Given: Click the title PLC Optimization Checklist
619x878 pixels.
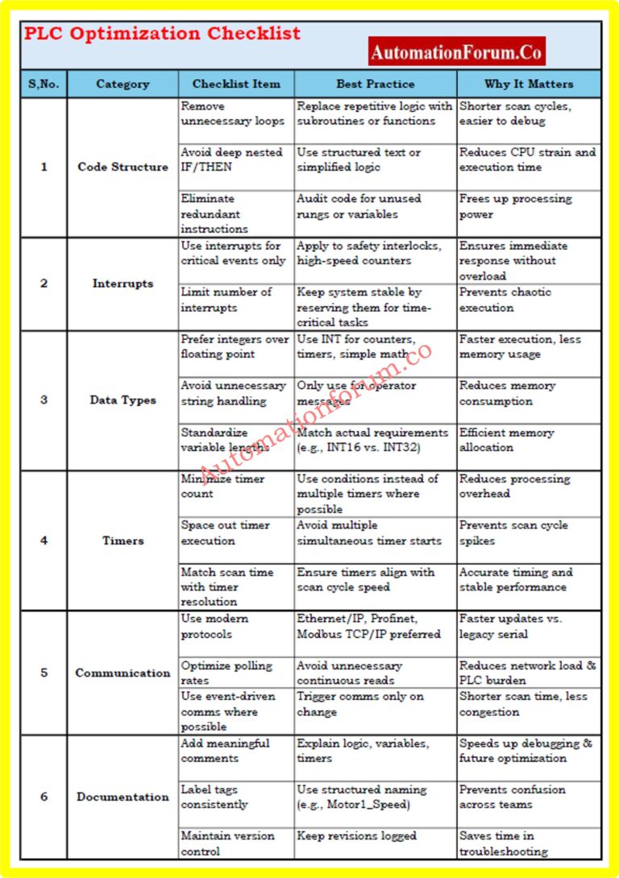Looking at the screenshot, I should (162, 34).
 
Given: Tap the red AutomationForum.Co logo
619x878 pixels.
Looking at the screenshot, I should (456, 52).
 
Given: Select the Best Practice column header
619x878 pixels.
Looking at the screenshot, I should (375, 84).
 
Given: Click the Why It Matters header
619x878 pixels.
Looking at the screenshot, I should (528, 84).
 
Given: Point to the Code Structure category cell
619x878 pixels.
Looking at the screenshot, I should (123, 167).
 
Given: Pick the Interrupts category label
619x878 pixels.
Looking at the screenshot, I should (123, 284).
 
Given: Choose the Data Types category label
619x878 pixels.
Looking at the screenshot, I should (123, 400).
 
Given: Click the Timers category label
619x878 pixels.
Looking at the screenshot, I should (123, 540).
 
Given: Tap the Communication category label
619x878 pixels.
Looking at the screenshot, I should (123, 673).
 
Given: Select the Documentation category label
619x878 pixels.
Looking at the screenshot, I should (123, 797).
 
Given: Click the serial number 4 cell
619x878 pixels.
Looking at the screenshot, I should (44, 540).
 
